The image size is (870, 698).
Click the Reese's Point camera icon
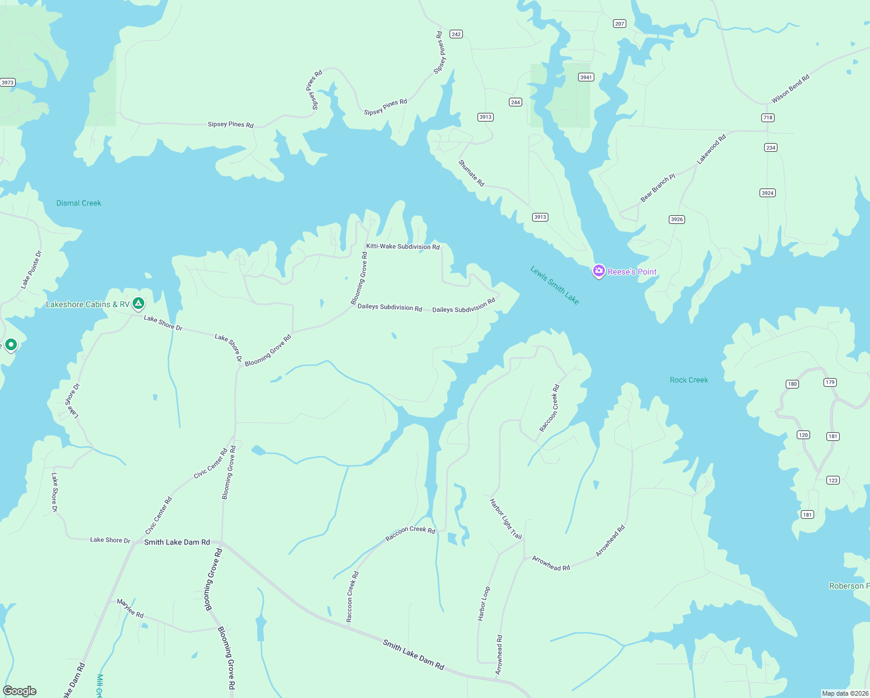pyautogui.click(x=598, y=271)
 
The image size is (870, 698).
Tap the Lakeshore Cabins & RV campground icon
pyautogui.click(x=138, y=303)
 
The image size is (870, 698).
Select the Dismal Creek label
pyautogui.click(x=79, y=203)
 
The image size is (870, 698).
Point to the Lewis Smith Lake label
pyautogui.click(x=555, y=285)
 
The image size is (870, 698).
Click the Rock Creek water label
pyautogui.click(x=689, y=380)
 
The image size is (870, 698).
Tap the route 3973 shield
pyautogui.click(x=8, y=83)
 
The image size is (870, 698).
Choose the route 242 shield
pyautogui.click(x=456, y=34)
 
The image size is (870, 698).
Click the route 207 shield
pyautogui.click(x=619, y=24)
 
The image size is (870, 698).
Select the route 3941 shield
pyautogui.click(x=586, y=77)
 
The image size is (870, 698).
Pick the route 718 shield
pyautogui.click(x=768, y=117)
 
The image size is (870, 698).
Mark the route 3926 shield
pyautogui.click(x=676, y=219)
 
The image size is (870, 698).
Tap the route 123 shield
pyautogui.click(x=833, y=480)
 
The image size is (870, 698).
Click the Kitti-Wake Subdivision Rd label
pyautogui.click(x=402, y=247)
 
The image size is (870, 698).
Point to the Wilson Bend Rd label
pyautogui.click(x=790, y=89)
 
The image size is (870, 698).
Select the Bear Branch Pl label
pyautogui.click(x=658, y=188)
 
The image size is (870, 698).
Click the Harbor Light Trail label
pyautogui.click(x=505, y=519)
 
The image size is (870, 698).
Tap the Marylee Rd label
pyautogui.click(x=130, y=608)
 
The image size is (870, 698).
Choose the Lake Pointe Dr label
pyautogui.click(x=31, y=269)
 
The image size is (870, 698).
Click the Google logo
pyautogui.click(x=20, y=691)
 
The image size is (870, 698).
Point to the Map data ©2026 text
pyautogui.click(x=844, y=693)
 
